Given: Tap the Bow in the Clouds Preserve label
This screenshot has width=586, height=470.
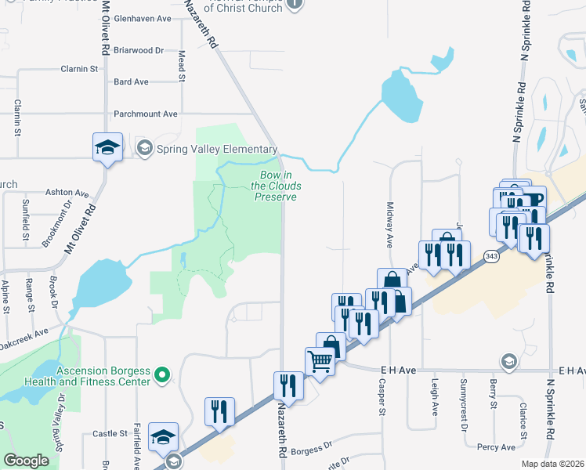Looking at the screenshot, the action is click(275, 186).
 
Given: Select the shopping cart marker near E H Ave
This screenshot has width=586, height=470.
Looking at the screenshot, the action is click(320, 363).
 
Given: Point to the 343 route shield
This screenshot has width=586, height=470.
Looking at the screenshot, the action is click(491, 256).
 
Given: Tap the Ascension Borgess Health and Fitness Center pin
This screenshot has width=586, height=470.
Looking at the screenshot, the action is click(163, 376).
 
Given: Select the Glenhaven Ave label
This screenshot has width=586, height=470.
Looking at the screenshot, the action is click(143, 17).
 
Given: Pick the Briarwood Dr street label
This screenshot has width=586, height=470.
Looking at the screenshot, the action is click(138, 50).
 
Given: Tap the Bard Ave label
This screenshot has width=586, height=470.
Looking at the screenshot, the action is click(131, 81).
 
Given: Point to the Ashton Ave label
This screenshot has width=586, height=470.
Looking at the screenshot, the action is click(67, 192).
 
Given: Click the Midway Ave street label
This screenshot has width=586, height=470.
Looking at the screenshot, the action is click(389, 226).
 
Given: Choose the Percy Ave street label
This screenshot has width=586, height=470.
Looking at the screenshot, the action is click(497, 447).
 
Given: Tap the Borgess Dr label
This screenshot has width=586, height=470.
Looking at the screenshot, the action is click(311, 452).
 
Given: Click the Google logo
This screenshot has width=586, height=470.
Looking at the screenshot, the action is click(27, 461).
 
